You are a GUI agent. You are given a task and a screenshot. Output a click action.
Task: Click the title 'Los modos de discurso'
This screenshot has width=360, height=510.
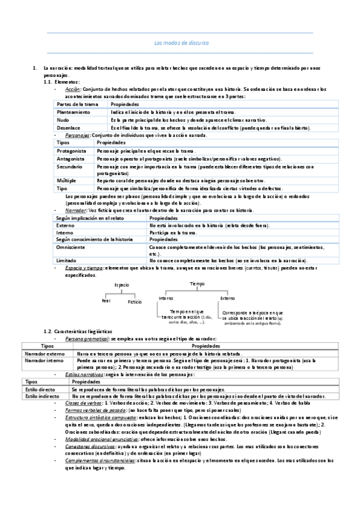click(x=180, y=43)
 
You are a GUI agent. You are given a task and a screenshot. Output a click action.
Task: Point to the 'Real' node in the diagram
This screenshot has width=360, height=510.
click(x=106, y=300)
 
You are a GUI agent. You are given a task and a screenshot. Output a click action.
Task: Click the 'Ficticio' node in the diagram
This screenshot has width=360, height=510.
click(x=135, y=302)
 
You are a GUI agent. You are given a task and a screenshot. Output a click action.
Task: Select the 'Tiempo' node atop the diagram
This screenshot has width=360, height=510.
click(x=197, y=283)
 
